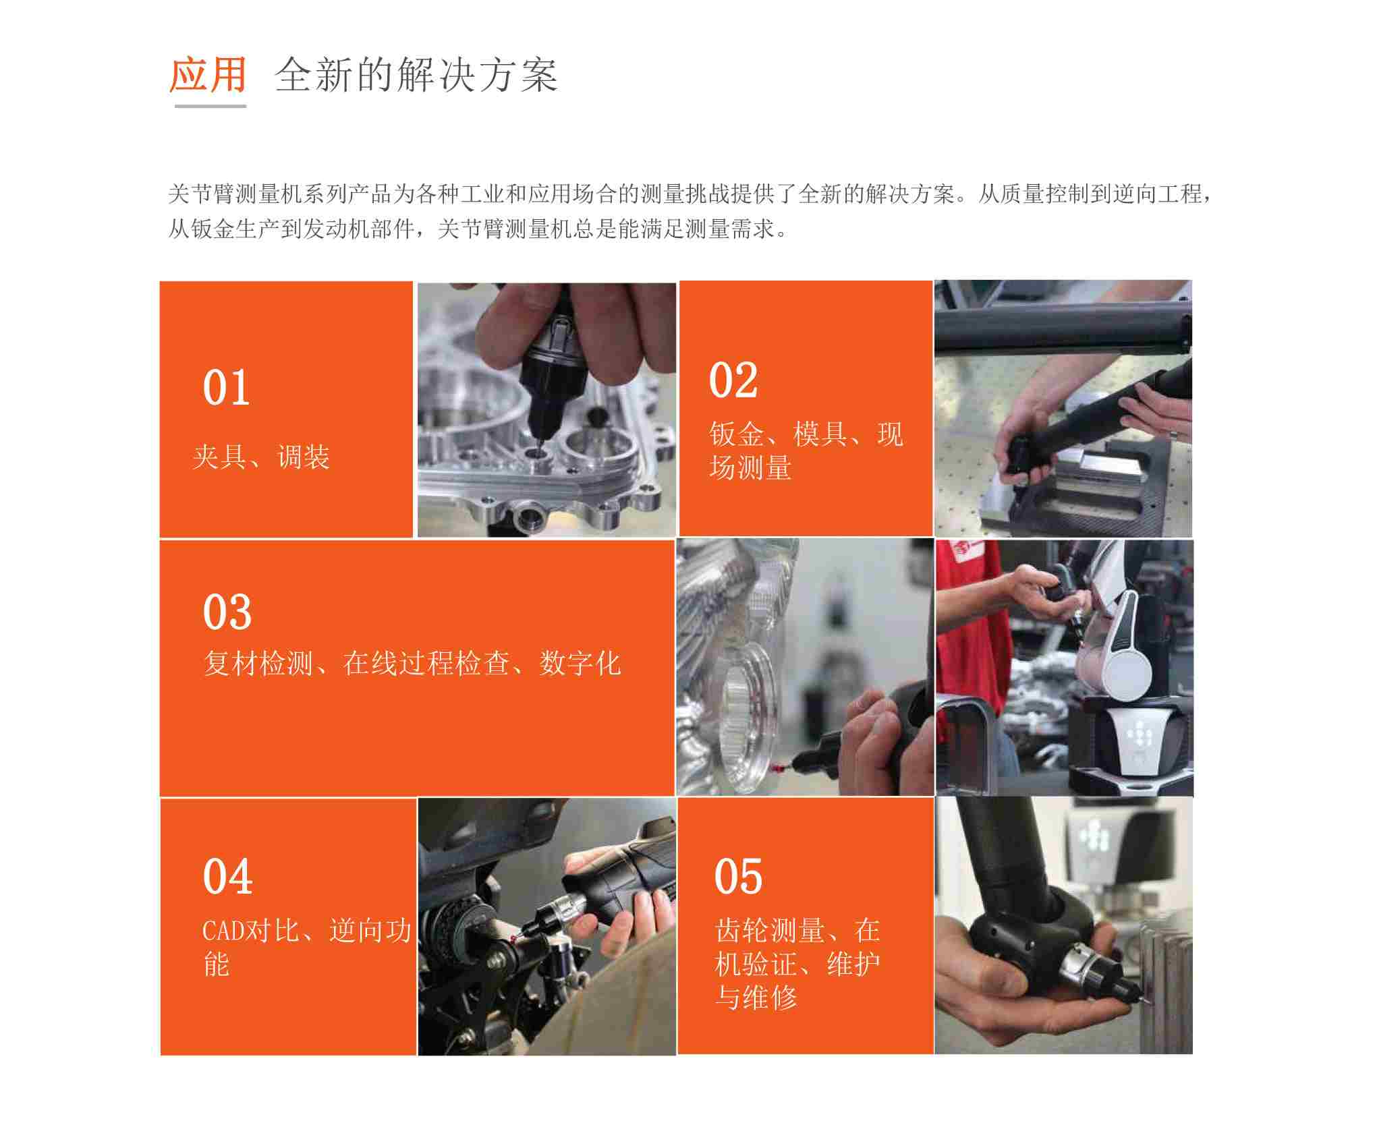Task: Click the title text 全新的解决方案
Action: [x=416, y=75]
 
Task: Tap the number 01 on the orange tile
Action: [x=226, y=388]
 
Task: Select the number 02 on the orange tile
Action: [x=733, y=380]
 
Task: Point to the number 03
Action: [x=227, y=612]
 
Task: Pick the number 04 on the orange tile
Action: [x=227, y=877]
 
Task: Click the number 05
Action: [x=738, y=877]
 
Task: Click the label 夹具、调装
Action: [x=261, y=457]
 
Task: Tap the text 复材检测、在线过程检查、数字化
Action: [x=412, y=664]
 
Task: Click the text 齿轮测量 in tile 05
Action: [x=769, y=931]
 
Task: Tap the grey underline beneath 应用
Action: [x=210, y=106]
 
